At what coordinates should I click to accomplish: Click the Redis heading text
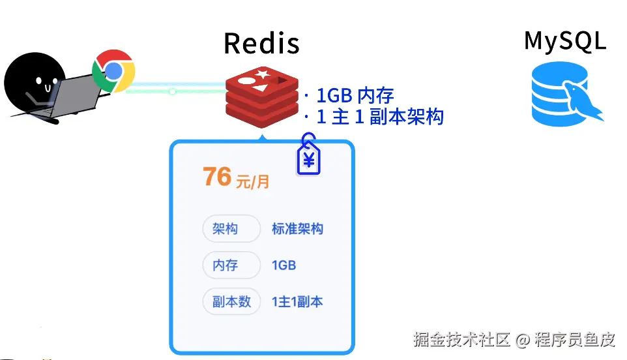[261, 44]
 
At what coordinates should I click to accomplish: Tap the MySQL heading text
[564, 40]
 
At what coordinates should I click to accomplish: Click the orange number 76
[217, 177]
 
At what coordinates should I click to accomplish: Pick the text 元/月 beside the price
[252, 181]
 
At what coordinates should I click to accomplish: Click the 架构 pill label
[225, 229]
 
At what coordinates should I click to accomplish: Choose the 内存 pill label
[225, 265]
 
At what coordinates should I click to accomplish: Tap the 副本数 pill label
[231, 302]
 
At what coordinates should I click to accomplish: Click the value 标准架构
[297, 229]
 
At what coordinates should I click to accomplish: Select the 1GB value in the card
[284, 265]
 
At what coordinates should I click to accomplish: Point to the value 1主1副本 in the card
[297, 302]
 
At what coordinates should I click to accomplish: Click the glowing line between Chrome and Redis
[176, 91]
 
